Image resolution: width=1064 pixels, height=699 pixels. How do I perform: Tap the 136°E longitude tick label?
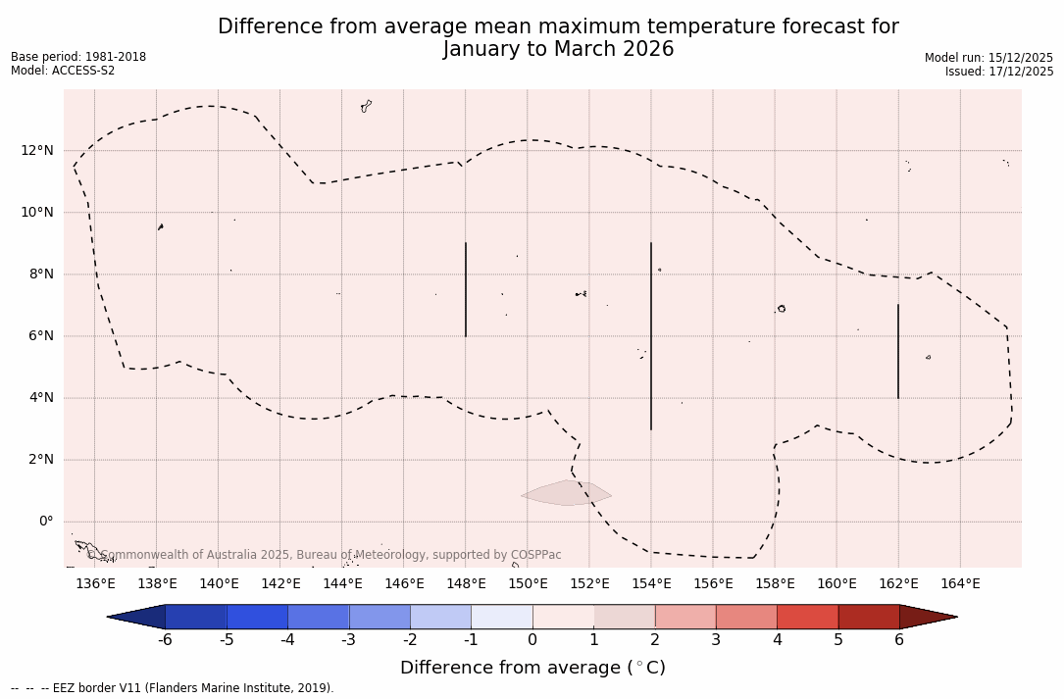click(95, 583)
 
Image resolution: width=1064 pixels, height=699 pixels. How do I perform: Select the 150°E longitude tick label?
click(528, 583)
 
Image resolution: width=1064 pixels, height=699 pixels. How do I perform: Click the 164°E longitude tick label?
click(960, 583)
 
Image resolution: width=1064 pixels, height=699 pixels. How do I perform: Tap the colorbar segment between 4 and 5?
click(807, 617)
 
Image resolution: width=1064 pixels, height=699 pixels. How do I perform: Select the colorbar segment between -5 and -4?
click(257, 617)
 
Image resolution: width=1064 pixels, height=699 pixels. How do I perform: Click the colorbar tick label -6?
click(165, 640)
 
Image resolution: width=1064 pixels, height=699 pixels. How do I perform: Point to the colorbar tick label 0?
click(532, 640)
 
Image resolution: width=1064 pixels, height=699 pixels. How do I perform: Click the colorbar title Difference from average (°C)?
click(532, 668)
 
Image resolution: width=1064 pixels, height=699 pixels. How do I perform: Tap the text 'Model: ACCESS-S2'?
click(63, 71)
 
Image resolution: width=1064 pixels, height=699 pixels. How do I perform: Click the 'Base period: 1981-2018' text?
click(78, 57)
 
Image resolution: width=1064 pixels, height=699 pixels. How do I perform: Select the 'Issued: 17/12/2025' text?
click(999, 72)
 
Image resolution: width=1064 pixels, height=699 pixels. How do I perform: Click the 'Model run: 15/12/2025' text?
click(988, 58)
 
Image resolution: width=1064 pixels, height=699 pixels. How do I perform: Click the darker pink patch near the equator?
click(566, 493)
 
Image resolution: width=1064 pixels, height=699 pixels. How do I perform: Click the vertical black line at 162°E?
click(898, 351)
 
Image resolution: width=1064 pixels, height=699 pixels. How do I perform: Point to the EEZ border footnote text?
click(173, 688)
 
